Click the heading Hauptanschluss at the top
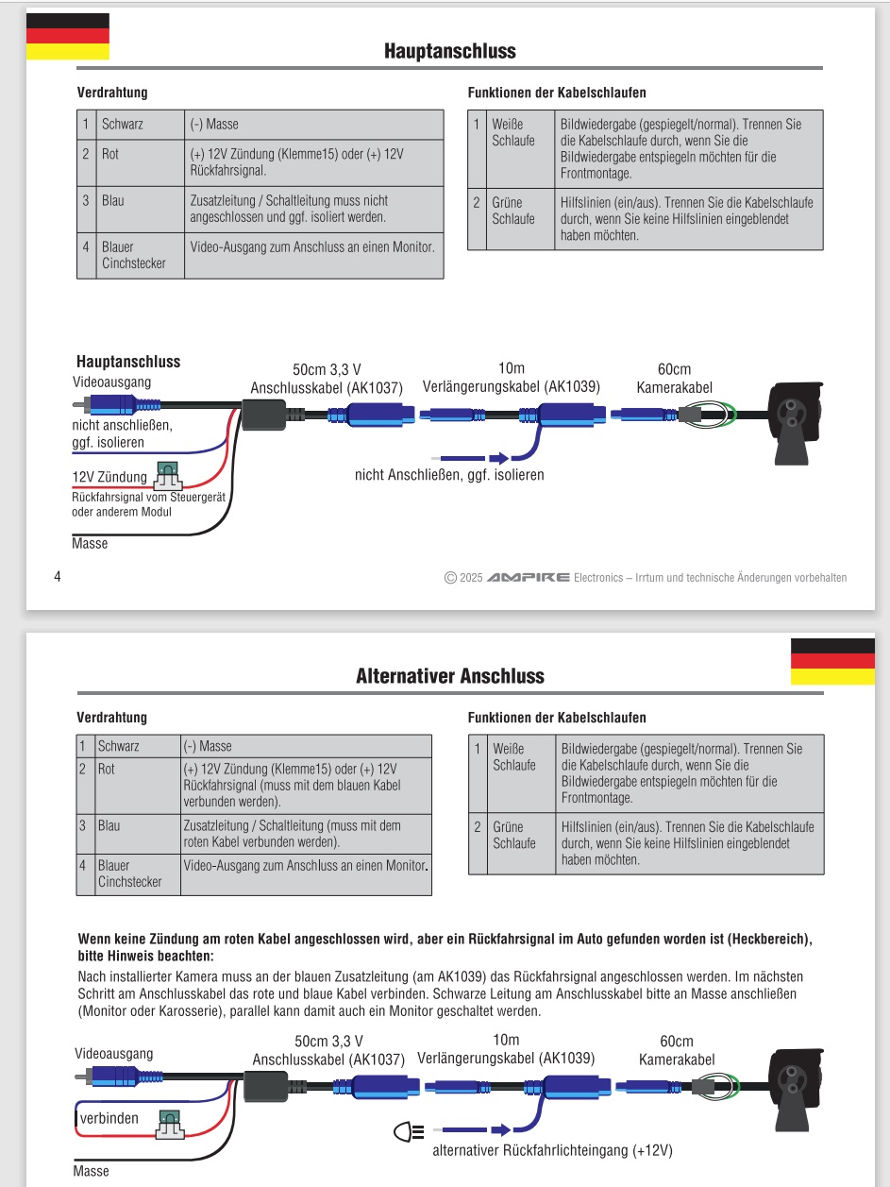point(449,50)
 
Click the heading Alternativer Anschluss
point(449,676)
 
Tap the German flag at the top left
point(67,36)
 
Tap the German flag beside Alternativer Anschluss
point(831,661)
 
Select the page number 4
point(58,576)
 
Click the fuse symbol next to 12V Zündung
point(169,473)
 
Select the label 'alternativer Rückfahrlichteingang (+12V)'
point(552,1150)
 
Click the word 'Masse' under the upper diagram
point(90,544)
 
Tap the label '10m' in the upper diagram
point(510,369)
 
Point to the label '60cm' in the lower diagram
point(676,1041)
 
